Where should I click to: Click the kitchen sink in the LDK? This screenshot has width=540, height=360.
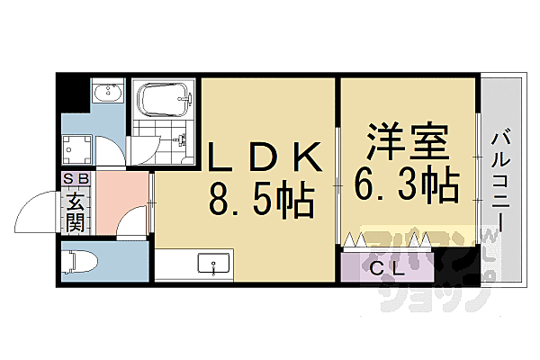pyautogui.click(x=214, y=265)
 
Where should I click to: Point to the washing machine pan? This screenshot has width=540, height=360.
pyautogui.click(x=77, y=145)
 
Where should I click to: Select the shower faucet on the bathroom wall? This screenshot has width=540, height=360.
pyautogui.click(x=183, y=139)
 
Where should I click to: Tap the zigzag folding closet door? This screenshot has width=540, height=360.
pyautogui.click(x=387, y=240)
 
